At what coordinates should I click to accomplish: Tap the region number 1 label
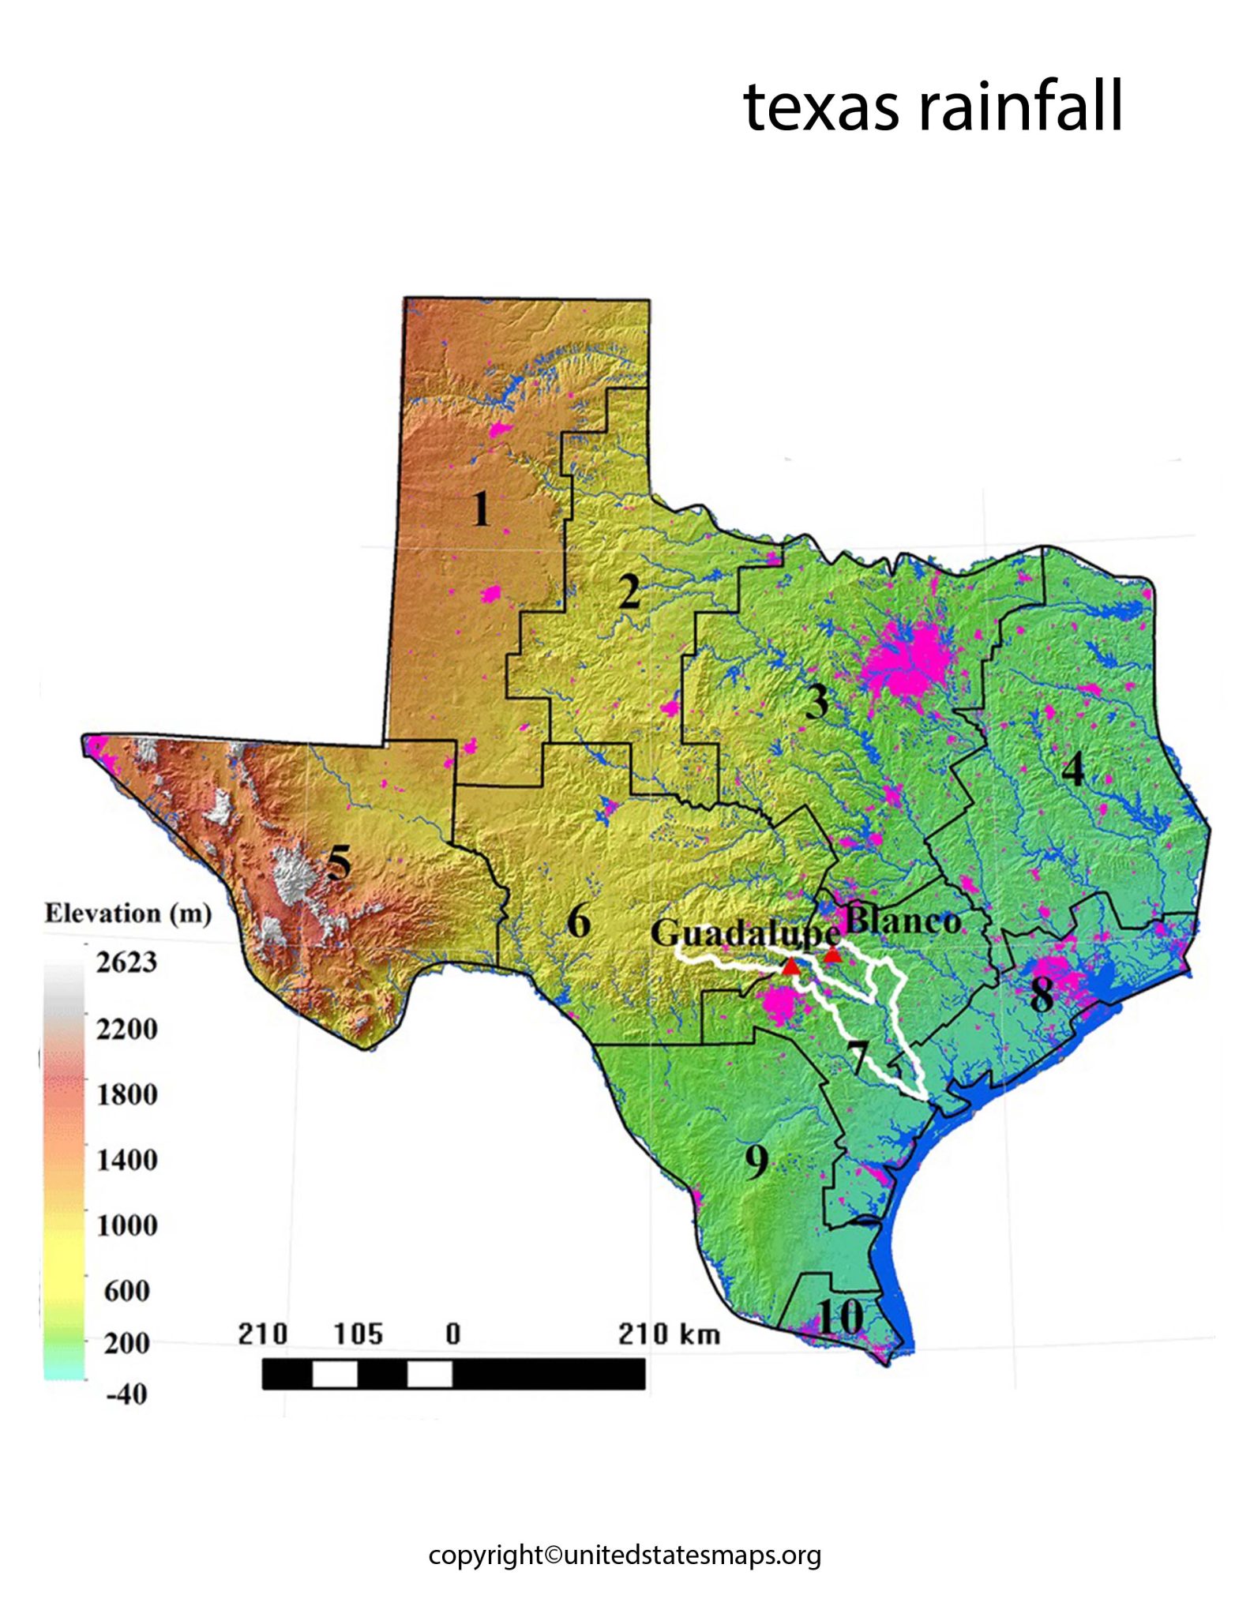coord(481,508)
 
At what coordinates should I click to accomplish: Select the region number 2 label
coord(629,591)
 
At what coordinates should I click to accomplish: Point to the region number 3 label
coord(816,701)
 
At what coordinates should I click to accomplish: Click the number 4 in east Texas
coord(1072,769)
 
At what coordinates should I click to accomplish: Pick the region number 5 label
coord(339,862)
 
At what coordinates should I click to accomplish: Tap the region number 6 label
coord(579,921)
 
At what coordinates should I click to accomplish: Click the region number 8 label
coord(1042,994)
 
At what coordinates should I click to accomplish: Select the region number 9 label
coord(756,1161)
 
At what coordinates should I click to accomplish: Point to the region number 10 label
coord(840,1317)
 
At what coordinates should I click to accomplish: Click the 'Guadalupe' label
coord(745,933)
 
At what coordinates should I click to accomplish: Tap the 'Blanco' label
coord(903,921)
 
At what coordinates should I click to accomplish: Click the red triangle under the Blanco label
coord(832,955)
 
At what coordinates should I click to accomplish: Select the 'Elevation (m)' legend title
coord(128,914)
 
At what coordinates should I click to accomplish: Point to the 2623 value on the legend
coord(126,962)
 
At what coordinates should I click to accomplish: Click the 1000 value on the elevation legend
coord(126,1225)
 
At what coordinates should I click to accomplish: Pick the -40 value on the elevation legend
coord(126,1394)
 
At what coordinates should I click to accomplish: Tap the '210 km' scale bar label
coord(669,1334)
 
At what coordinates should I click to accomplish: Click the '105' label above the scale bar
coord(358,1334)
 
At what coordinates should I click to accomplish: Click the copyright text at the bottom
coord(625,1555)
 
